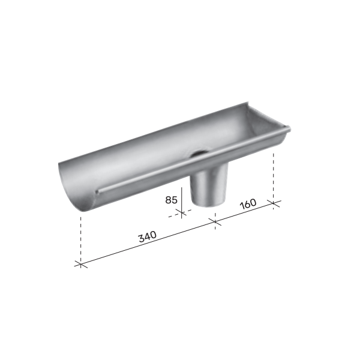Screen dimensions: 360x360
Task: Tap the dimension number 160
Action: [x=247, y=202]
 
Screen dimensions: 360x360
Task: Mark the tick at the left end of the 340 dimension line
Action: [x=80, y=263]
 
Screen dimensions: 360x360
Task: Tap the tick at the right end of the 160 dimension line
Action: [x=274, y=202]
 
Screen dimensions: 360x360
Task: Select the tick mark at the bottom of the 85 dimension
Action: [x=182, y=212]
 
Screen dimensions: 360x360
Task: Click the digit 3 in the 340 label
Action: [x=140, y=238]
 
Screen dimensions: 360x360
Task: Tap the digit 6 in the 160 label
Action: [x=247, y=202]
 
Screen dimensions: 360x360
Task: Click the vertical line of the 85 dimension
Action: [x=182, y=201]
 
